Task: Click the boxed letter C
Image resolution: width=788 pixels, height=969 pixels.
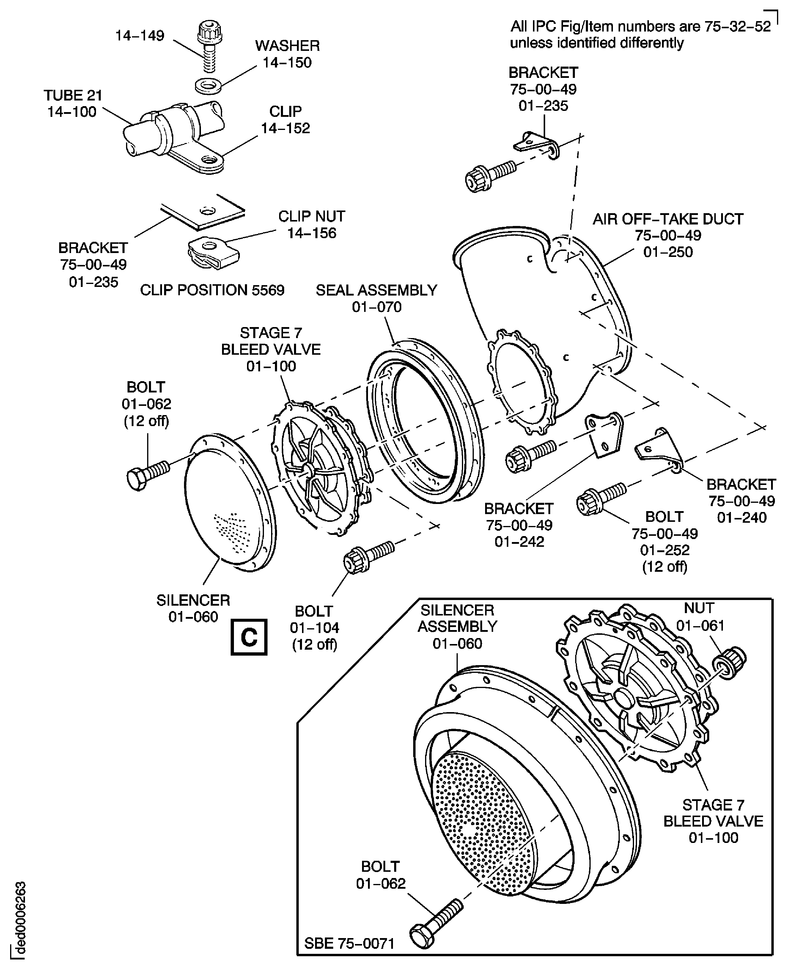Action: [x=249, y=637]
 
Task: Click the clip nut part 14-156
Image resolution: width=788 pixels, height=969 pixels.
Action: [x=213, y=253]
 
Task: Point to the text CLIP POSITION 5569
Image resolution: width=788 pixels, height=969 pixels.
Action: [x=212, y=290]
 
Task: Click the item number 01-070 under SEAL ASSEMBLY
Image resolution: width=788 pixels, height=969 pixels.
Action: [x=377, y=307]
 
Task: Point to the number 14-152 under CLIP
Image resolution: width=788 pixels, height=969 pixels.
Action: [x=285, y=128]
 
